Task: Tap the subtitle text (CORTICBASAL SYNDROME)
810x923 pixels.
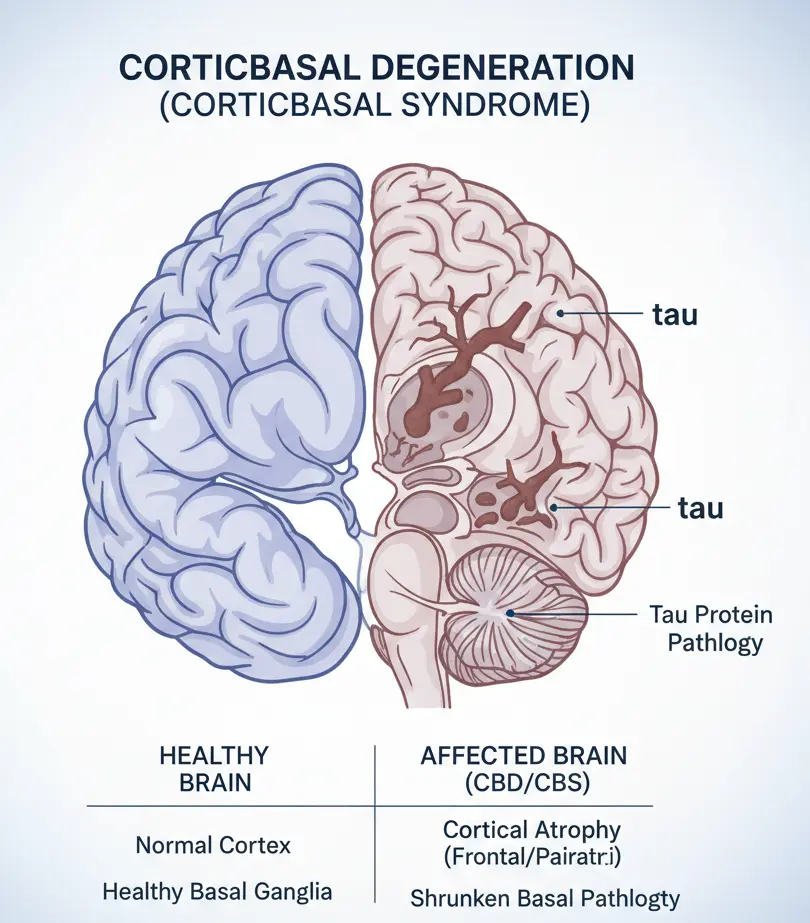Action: pos(374,107)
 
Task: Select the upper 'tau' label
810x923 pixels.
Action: pos(674,315)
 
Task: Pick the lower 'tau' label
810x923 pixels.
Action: pos(700,508)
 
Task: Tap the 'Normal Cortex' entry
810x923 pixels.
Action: pos(213,845)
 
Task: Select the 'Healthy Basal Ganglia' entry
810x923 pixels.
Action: pos(217,891)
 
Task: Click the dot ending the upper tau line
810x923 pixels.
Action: pos(562,313)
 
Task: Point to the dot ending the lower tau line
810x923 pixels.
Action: pos(551,508)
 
